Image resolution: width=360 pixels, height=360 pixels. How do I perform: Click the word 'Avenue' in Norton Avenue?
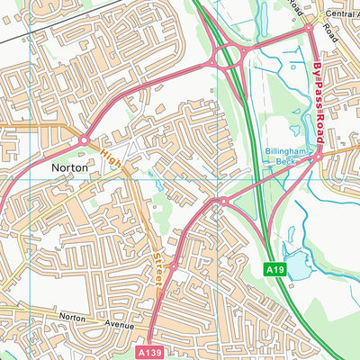(x=117, y=324)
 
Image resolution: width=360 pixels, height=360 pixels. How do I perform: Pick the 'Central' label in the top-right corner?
(x=340, y=15)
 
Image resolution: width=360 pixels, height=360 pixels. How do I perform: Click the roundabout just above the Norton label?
(x=84, y=140)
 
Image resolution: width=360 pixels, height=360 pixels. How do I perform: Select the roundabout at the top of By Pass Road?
(x=310, y=27)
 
